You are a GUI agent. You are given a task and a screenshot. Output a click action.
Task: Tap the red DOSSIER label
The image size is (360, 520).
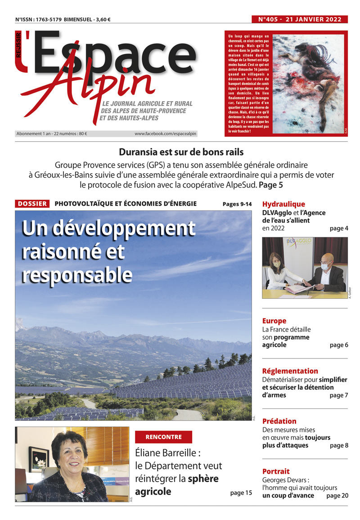[32, 204]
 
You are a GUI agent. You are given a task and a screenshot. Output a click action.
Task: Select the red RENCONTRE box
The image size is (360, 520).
[163, 437]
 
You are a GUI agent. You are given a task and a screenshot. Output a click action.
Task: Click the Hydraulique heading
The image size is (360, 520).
[283, 204]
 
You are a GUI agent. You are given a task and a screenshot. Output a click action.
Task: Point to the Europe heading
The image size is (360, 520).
[274, 321]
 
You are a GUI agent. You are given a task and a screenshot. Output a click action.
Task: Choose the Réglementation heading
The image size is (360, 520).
[290, 371]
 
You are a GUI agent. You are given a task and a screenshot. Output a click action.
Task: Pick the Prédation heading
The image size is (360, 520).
[279, 421]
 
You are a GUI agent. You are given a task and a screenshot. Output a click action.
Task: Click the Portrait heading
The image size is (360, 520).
[276, 471]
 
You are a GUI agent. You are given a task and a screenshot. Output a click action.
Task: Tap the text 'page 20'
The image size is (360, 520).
[337, 495]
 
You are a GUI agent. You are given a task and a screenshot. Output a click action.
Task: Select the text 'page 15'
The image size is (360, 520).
[241, 493]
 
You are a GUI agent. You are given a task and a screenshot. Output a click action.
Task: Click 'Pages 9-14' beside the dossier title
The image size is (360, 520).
[237, 204]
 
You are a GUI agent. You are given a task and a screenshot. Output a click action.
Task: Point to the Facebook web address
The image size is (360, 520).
[166, 134]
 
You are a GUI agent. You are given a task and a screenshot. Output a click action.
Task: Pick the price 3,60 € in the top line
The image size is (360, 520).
[103, 19]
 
